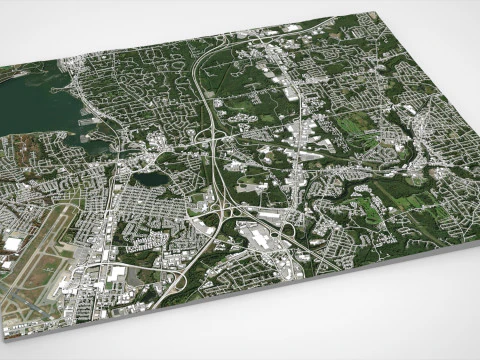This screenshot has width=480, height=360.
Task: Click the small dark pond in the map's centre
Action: [x=152, y=180]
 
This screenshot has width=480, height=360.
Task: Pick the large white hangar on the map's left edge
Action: [x=12, y=244]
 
